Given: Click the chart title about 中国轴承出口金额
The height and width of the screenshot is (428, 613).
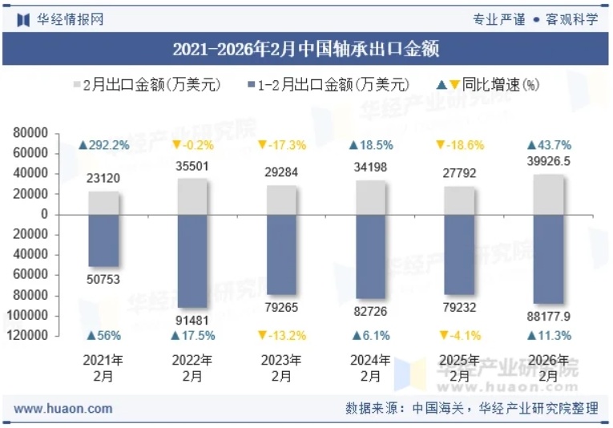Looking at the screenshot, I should (305, 50).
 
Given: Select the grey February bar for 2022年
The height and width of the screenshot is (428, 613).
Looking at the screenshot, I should (192, 196).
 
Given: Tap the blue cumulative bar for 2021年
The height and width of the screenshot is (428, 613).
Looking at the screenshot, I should (103, 240).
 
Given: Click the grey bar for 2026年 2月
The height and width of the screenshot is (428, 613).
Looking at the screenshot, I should (548, 195).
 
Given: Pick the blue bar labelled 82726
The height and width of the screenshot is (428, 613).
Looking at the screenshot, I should (370, 256).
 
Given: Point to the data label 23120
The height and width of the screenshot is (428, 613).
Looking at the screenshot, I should (103, 179).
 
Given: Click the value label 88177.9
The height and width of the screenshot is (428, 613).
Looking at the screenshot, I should (548, 317).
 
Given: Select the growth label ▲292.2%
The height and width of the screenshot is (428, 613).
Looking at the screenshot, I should (103, 145).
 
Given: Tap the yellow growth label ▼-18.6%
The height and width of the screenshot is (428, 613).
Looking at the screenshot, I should (459, 145).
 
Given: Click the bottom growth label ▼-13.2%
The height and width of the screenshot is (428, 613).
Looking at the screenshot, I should (281, 335).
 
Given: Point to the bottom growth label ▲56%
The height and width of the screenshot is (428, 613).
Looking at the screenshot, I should (103, 335).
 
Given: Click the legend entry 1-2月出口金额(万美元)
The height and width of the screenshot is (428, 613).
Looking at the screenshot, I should (329, 84).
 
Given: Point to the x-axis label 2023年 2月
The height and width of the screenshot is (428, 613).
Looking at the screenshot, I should (281, 368).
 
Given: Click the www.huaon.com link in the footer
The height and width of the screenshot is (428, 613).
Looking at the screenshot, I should (63, 409).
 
